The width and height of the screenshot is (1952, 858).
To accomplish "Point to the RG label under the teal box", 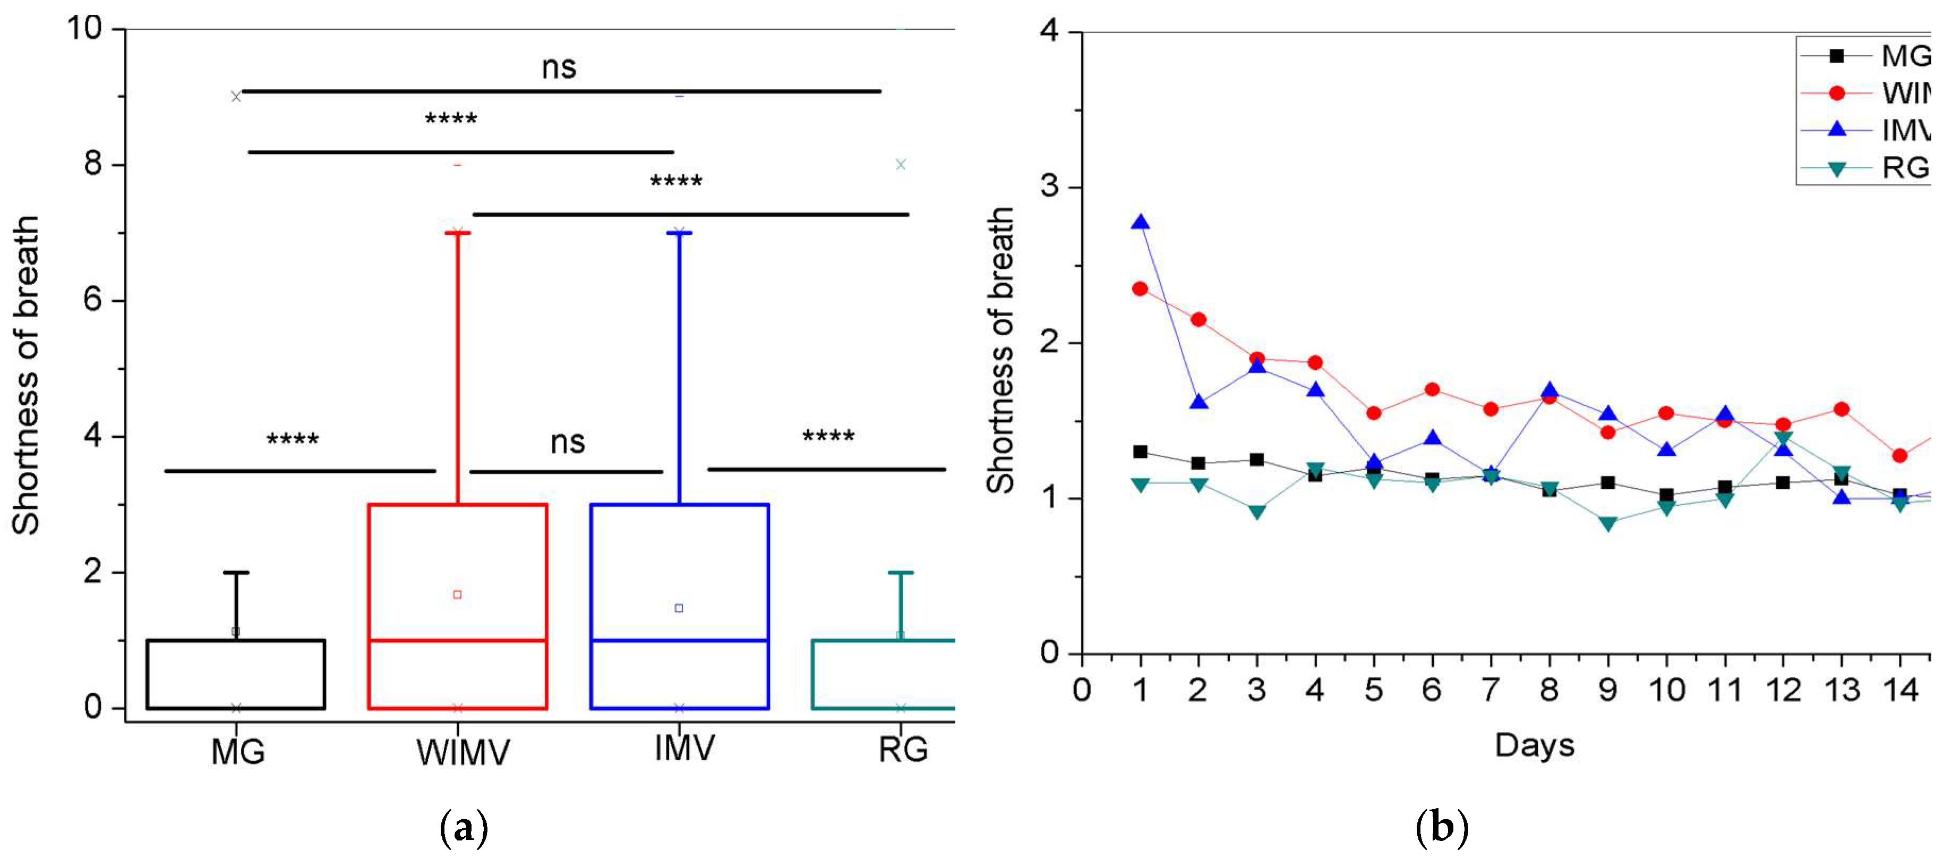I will [x=903, y=750].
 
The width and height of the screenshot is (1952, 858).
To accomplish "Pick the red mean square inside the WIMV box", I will [x=457, y=595].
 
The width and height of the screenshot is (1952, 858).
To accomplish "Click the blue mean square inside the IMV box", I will [x=679, y=608].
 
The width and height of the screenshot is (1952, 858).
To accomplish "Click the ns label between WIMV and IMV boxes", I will [x=568, y=442].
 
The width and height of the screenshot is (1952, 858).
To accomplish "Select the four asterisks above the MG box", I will [x=293, y=439].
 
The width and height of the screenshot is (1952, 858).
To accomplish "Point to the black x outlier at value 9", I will [x=236, y=96].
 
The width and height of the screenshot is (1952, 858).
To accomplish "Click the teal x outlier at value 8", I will [x=900, y=165].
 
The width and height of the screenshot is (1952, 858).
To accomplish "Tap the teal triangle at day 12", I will [x=1783, y=439].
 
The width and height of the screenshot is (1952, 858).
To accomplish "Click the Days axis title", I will [x=1535, y=745].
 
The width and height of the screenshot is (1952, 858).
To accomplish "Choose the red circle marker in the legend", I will [x=1837, y=93].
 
